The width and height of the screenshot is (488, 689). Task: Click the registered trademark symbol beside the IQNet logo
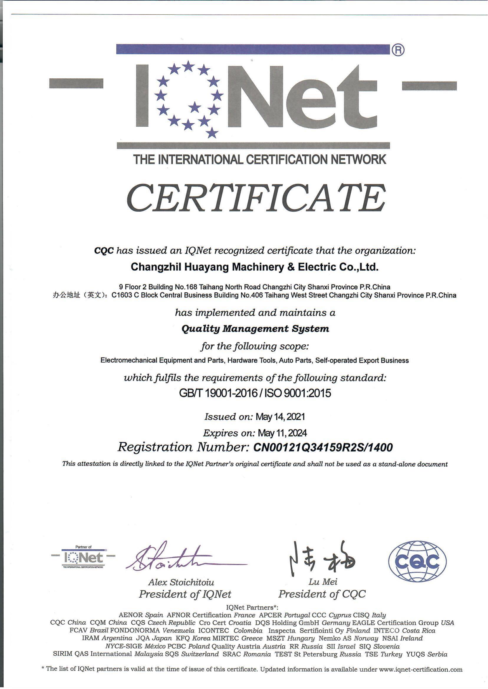[x=398, y=50]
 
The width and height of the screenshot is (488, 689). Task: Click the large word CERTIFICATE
[x=256, y=199]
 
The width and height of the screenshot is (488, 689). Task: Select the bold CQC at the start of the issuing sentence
[x=104, y=250]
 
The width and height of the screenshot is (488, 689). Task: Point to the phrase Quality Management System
[x=255, y=328]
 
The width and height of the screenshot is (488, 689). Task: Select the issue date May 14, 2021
[x=280, y=417]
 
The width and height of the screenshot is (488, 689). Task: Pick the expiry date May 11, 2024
[x=283, y=433]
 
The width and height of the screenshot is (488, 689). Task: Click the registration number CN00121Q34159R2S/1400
[x=323, y=447]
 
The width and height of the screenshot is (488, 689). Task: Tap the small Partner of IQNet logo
[x=83, y=558]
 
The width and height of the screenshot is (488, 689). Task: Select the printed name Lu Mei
[x=323, y=582]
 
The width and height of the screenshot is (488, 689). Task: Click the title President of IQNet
[x=185, y=594]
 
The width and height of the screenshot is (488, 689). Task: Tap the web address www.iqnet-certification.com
[x=421, y=669]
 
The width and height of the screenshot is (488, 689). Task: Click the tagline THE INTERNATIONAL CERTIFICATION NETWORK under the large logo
[x=260, y=159]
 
